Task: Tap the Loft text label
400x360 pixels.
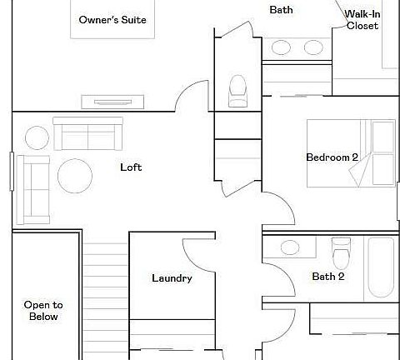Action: [x=131, y=167]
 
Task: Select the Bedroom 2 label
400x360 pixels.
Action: [x=332, y=157]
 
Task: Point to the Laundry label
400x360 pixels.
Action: [x=172, y=278]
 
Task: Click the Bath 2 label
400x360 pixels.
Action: [x=328, y=277]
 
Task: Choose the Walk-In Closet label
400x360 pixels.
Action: [x=362, y=20]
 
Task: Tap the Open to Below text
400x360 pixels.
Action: [x=43, y=311]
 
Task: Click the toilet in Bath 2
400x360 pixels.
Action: [x=340, y=249]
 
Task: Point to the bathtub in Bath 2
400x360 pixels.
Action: [x=382, y=267]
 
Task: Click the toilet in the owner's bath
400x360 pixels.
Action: [x=237, y=89]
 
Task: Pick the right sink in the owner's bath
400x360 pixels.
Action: [x=314, y=47]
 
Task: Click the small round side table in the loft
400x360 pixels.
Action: [x=37, y=137]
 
